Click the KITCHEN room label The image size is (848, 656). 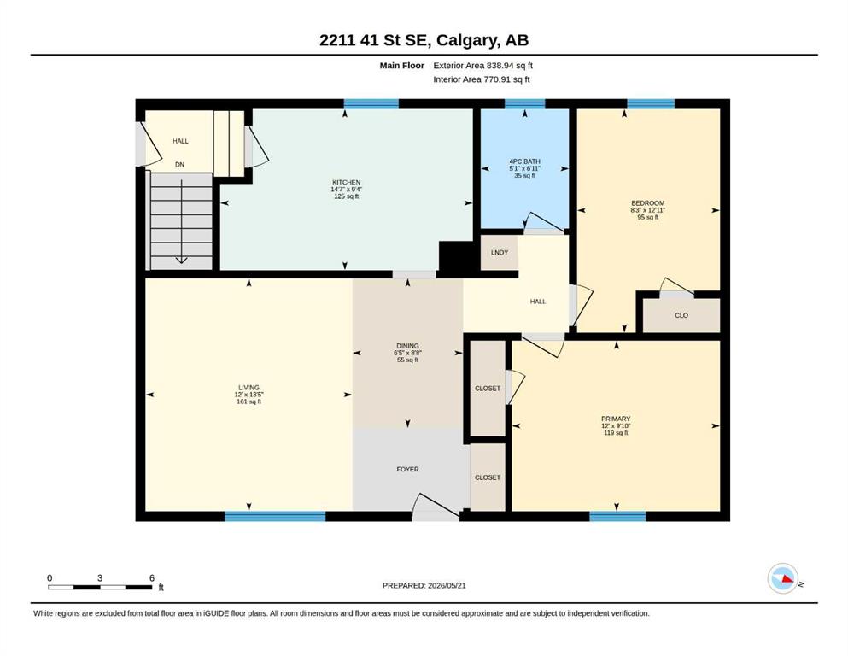point(346,182)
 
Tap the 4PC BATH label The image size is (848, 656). point(524,161)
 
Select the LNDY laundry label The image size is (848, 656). point(500,253)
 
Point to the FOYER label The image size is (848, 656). point(408,470)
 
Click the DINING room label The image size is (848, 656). point(408,346)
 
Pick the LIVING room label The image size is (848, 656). point(249,387)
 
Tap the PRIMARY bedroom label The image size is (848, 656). point(616,419)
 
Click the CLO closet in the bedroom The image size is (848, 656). point(681,315)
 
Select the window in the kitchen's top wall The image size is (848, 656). point(371,104)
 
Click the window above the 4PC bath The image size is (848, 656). point(524,104)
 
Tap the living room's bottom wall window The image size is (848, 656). point(275,516)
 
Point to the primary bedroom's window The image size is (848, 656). point(617,516)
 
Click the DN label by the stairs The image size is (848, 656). point(179,164)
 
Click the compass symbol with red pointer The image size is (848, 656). point(783,578)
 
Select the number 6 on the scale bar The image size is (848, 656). point(152,577)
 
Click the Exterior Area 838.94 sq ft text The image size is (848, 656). point(483,66)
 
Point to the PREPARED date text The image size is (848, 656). point(424,585)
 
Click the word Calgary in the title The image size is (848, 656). point(467,40)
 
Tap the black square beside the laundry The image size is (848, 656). point(459,255)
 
